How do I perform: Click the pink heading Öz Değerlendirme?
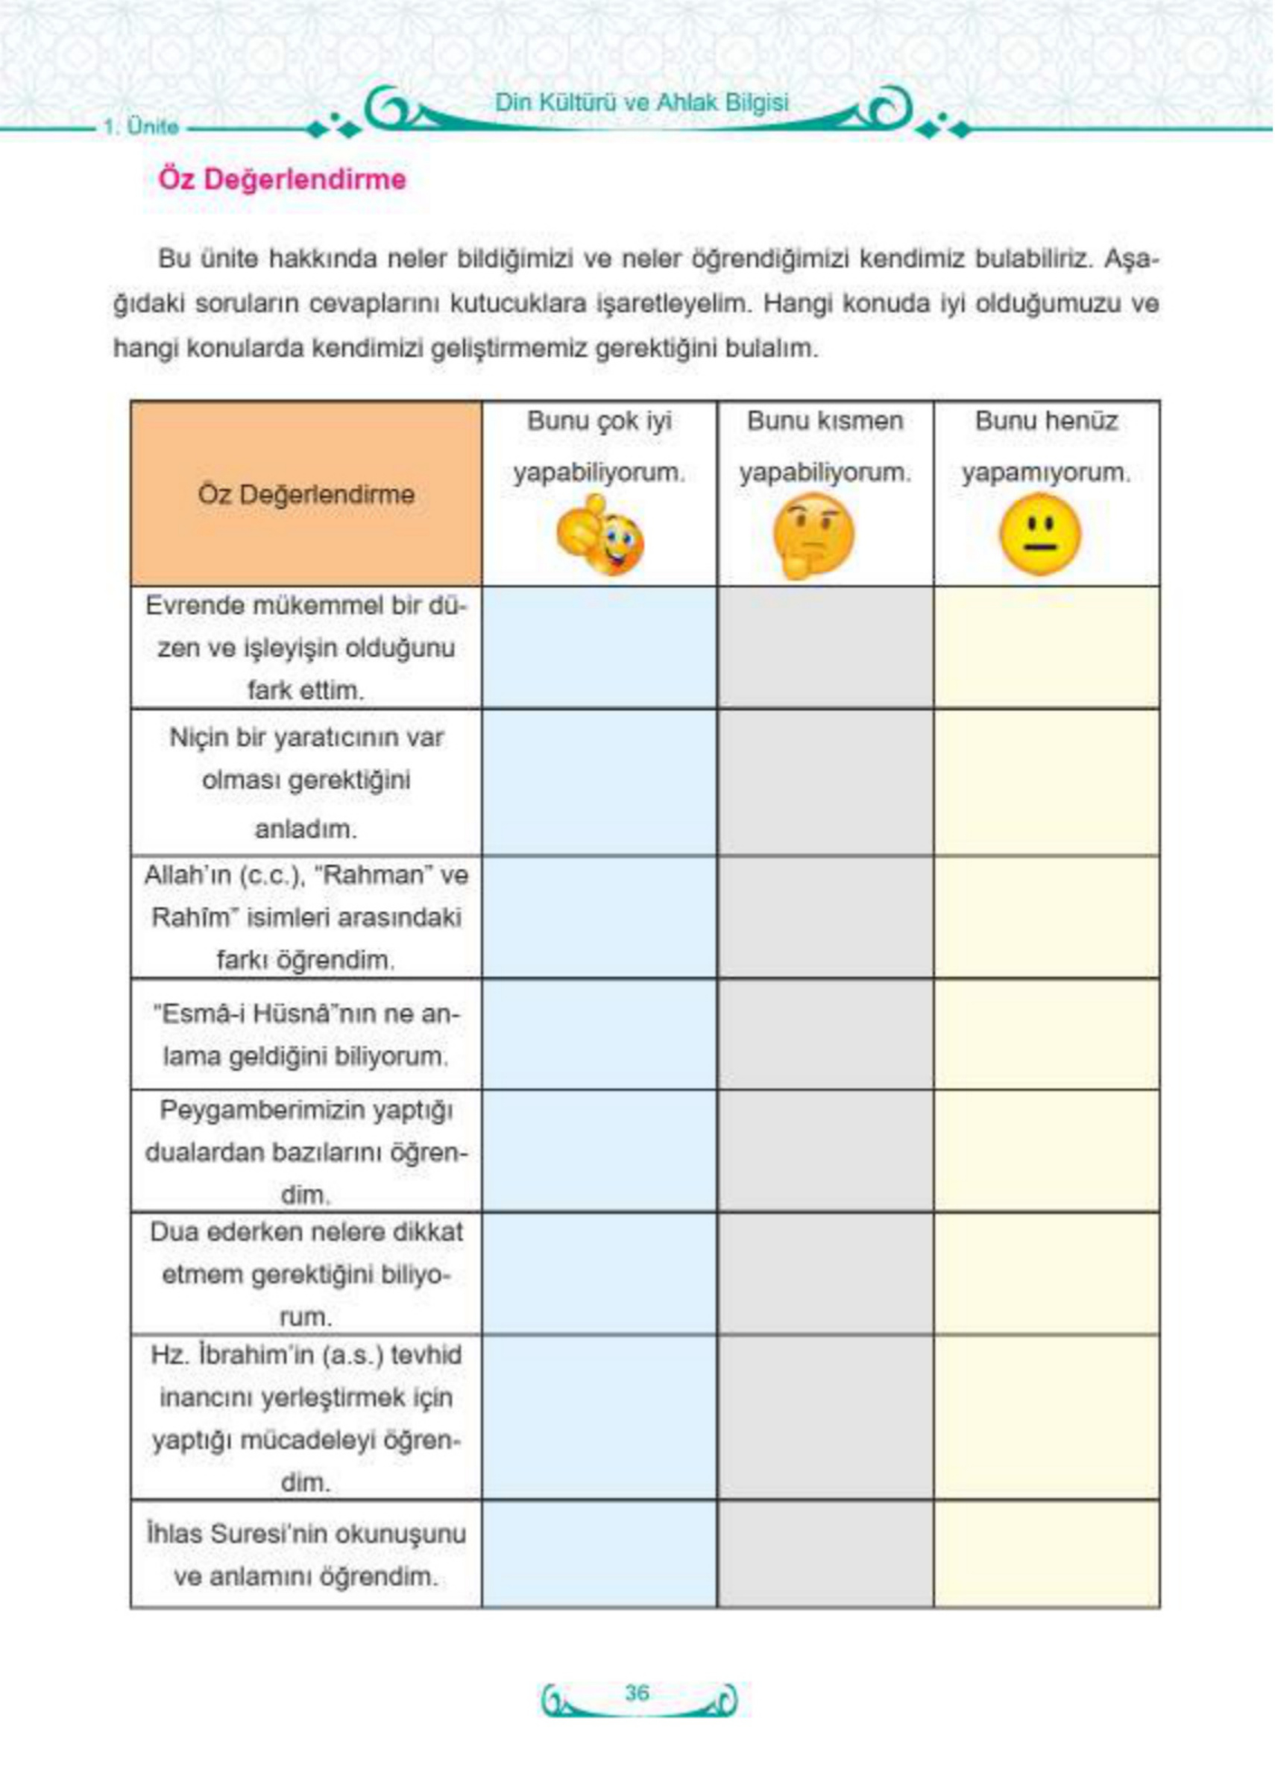[283, 180]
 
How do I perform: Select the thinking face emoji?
[813, 535]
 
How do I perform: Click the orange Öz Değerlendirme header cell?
[306, 494]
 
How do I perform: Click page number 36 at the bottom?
[637, 1693]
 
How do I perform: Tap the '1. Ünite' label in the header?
[142, 127]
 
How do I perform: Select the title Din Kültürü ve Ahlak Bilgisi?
[641, 103]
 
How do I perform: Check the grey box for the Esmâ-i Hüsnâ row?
[825, 1034]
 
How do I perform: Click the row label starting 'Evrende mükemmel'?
[306, 648]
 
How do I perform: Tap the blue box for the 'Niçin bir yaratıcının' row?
[599, 783]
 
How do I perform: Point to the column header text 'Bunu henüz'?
[1046, 421]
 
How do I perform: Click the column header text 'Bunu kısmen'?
[825, 421]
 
